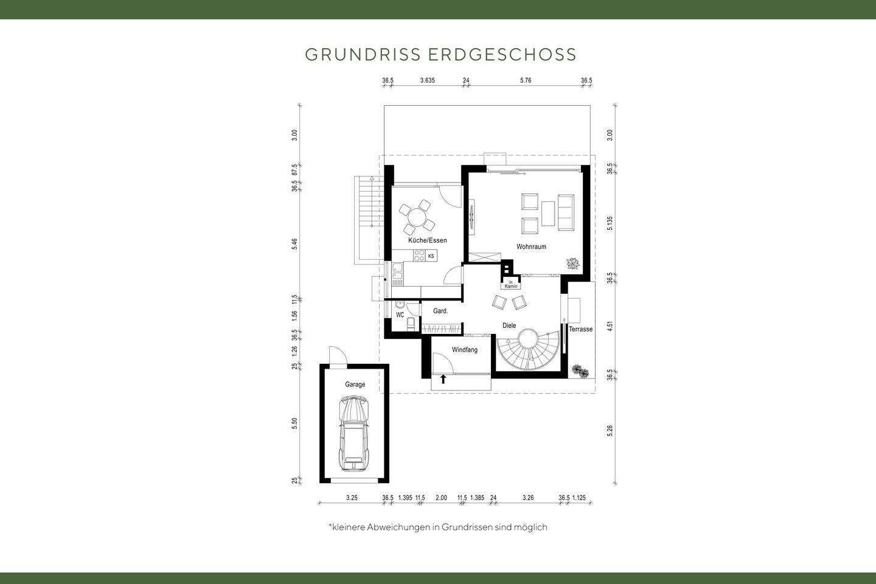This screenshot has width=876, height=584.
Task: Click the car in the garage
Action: click(x=353, y=433)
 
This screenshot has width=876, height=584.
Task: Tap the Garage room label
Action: click(x=355, y=384)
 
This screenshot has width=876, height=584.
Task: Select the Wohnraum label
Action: click(x=531, y=247)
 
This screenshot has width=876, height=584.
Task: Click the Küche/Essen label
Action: click(x=427, y=240)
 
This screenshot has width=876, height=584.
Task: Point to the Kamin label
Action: click(x=511, y=286)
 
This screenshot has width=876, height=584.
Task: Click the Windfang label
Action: click(x=465, y=350)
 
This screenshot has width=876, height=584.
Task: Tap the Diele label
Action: click(x=509, y=326)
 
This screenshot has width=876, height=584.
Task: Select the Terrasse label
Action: click(x=580, y=329)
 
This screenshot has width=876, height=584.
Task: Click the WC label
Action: click(x=400, y=315)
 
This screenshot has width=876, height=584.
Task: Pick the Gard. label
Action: click(x=440, y=311)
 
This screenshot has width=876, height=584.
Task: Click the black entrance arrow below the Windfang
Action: click(x=443, y=380)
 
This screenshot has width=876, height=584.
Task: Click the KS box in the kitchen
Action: click(x=431, y=256)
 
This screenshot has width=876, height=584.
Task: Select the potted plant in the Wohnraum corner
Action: click(x=573, y=263)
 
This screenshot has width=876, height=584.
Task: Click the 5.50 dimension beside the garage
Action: click(x=295, y=424)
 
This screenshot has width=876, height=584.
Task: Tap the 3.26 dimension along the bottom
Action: click(x=528, y=498)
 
